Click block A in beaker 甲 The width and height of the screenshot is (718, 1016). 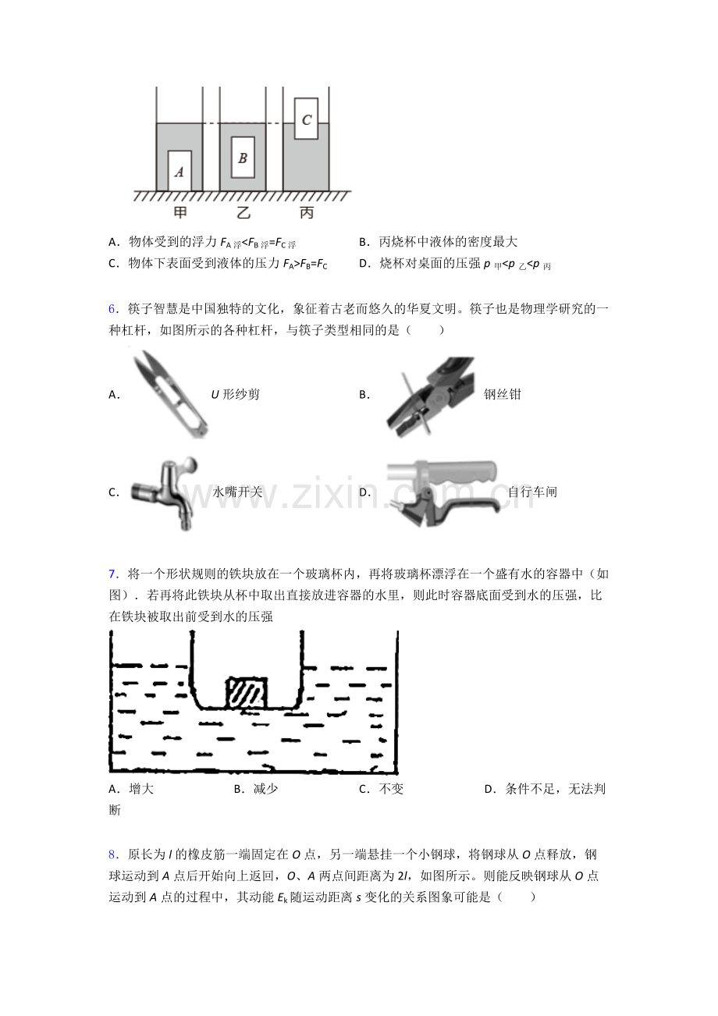[179, 171]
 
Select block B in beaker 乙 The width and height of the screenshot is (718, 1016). [243, 158]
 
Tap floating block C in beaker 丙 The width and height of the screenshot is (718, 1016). [306, 119]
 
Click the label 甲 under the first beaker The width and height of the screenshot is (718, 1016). [180, 212]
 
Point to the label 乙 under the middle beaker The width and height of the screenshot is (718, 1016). [243, 212]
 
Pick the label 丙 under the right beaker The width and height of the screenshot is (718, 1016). [307, 212]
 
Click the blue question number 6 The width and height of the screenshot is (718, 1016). [113, 309]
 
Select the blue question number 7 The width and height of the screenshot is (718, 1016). [113, 574]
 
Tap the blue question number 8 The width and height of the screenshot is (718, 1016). [113, 854]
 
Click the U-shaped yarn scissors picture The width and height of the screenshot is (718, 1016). [170, 394]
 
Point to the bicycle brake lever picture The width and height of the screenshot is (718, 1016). [443, 493]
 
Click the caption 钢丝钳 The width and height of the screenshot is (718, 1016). [502, 394]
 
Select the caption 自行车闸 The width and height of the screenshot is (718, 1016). [532, 492]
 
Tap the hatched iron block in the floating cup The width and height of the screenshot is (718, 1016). [247, 693]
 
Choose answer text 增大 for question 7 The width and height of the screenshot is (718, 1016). [141, 789]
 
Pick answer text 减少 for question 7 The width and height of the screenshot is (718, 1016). [266, 789]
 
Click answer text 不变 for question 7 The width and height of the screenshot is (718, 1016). [391, 789]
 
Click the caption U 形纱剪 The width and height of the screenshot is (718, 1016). [236, 394]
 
